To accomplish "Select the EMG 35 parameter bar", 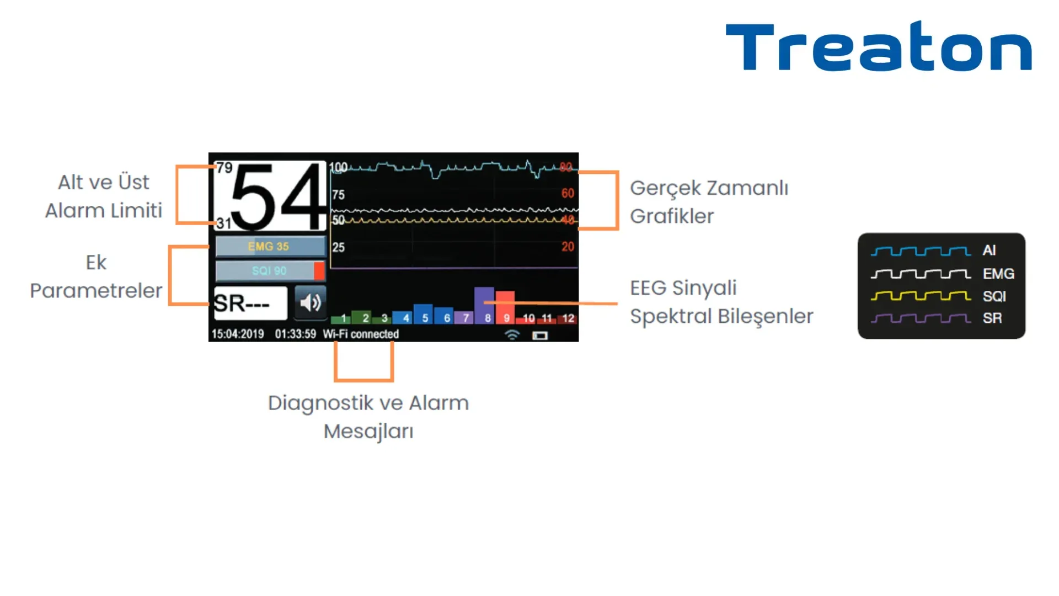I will pos(269,247).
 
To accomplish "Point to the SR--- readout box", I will pos(250,303).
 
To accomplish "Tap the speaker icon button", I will pos(311,302).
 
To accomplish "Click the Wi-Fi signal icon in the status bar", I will pos(512,335).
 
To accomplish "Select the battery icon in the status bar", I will pos(540,336).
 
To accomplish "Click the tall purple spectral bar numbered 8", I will pos(484,305).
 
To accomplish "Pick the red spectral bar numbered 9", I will pos(505,307).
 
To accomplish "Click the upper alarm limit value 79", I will pos(224,167).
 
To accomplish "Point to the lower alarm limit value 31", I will pos(223,223).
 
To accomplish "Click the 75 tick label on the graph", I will pos(338,195).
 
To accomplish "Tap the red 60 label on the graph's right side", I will pos(568,193).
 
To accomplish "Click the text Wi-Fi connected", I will pos(361,334).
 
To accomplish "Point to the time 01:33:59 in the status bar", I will pos(296,334).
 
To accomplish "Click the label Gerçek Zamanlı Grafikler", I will pos(709,202).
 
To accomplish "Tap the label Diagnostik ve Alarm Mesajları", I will pos(368,417).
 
